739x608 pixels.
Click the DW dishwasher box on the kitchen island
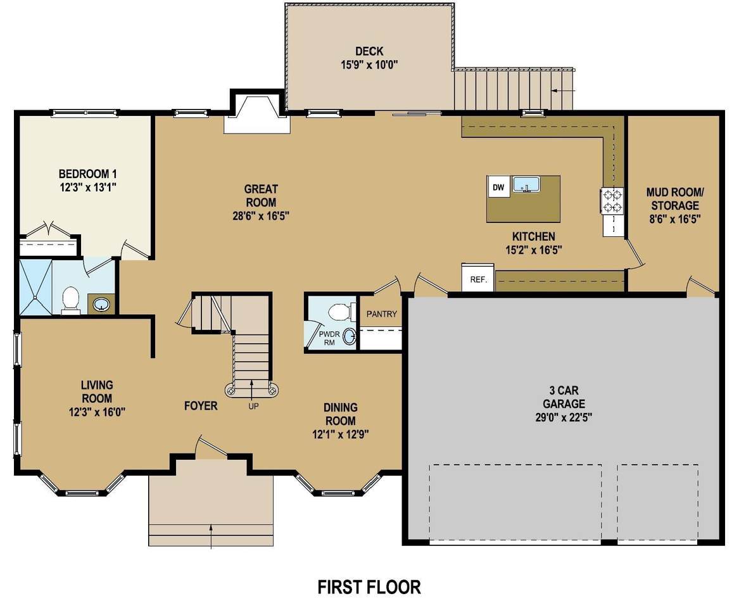pos(498,187)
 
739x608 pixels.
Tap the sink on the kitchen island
pos(527,184)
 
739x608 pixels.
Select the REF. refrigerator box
pos(478,278)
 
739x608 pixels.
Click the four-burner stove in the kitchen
pos(612,201)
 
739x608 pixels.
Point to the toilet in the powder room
pos(341,312)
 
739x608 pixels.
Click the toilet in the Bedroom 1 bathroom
pos(71,301)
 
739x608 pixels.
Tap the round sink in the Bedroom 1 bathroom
pos(101,305)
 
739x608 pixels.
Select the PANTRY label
pos(382,314)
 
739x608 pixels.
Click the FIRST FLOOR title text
pos(369,587)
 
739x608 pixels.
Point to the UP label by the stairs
pos(253,406)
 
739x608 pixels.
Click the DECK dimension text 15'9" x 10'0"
pos(370,65)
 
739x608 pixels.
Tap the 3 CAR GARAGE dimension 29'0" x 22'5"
pos(564,417)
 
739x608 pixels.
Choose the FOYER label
pos(201,406)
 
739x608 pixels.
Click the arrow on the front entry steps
pos(211,536)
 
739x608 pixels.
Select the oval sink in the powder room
pos(349,336)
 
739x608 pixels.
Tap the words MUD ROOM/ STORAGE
pos(674,199)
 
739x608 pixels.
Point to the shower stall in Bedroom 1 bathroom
pos(35,287)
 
